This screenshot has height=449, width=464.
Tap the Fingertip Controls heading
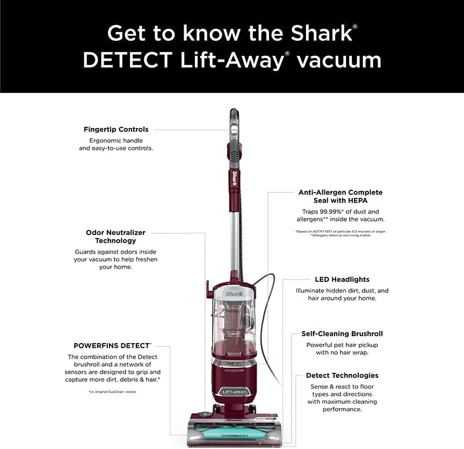tap(116, 130)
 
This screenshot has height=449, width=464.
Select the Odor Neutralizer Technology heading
tap(115, 237)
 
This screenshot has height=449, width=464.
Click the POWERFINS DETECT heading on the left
tap(112, 345)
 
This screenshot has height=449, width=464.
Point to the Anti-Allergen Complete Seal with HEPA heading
tap(340, 196)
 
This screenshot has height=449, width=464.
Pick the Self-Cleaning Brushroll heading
tap(342, 334)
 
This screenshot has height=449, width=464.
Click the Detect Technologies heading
tap(342, 375)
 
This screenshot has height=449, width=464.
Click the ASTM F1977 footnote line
tap(340, 231)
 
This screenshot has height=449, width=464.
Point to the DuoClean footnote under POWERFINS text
tap(112, 392)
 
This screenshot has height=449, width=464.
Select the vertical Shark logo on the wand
tap(235, 179)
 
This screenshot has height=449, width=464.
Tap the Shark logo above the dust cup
tap(234, 294)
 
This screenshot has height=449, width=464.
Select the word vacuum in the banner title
tap(339, 60)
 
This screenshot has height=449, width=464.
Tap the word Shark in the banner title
tap(321, 33)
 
